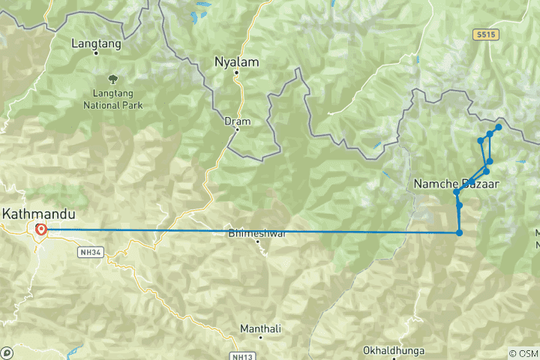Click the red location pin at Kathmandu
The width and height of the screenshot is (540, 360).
tap(40, 229)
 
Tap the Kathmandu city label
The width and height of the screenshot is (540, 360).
tap(32, 213)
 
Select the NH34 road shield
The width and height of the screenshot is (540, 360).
tap(89, 252)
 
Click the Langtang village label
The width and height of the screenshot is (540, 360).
tap(91, 43)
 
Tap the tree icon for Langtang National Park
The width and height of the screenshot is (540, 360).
tap(112, 78)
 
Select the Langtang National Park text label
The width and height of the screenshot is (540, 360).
tap(112, 100)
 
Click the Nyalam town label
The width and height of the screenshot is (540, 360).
tap(236, 61)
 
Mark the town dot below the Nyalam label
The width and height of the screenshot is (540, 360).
tap(236, 73)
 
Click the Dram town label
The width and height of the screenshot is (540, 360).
tap(237, 120)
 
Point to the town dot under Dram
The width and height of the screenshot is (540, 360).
tap(237, 129)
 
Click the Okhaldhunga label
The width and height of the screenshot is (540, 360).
tap(394, 350)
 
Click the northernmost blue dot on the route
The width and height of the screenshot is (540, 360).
tap(498, 127)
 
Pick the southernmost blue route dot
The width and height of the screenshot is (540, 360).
tap(459, 232)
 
